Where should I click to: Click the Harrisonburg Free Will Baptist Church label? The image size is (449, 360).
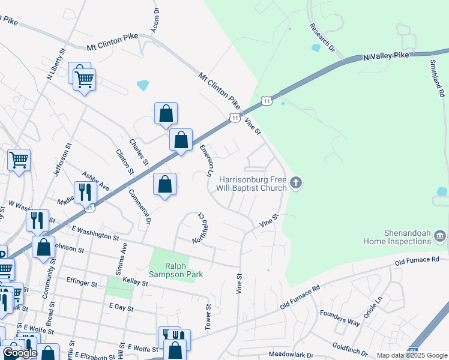(253, 184)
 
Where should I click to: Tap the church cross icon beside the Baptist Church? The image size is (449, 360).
(295, 183)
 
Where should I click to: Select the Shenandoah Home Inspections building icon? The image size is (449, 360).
(439, 236)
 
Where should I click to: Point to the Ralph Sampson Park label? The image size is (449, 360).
(176, 269)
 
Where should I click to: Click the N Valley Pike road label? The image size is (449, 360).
(386, 56)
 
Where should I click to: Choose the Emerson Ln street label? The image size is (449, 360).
(206, 160)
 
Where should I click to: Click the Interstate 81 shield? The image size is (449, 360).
(412, 350)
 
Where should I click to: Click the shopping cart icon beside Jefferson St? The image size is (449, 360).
(19, 160)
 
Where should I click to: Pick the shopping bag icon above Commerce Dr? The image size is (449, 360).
(164, 184)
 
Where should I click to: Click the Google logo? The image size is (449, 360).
(20, 352)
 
